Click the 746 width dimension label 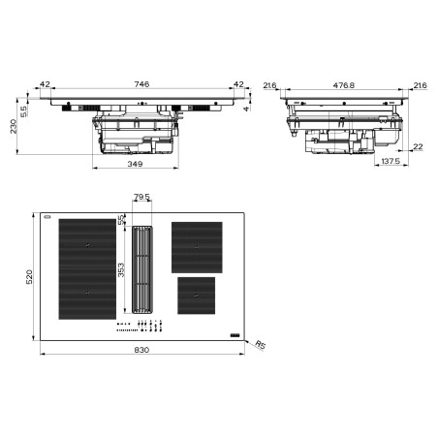(141, 84)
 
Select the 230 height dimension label (14, 126)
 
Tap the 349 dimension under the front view (135, 164)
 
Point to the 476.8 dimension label (344, 85)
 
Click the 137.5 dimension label (391, 161)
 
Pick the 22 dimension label (418, 146)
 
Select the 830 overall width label (141, 350)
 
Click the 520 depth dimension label (29, 277)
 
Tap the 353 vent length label (121, 270)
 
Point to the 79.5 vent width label (141, 197)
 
